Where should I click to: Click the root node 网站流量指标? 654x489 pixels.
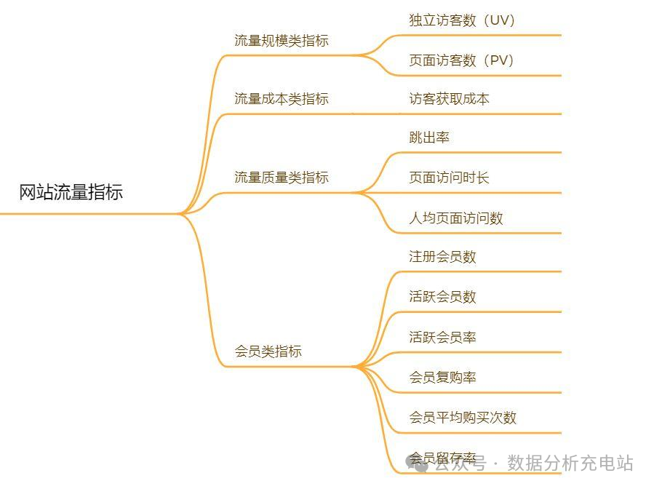71,192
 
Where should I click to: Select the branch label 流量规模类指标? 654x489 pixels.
281,41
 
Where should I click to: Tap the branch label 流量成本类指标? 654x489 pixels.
281,98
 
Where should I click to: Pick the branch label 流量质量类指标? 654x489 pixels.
281,177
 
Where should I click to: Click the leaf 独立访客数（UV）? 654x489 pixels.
462,20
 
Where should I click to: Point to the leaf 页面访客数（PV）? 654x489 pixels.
462,60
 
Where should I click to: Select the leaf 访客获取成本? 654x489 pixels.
449,98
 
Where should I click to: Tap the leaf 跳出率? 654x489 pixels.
429,138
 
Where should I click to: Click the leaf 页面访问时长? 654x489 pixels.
449,177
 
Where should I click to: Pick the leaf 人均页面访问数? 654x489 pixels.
455,218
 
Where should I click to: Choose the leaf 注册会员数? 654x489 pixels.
442,256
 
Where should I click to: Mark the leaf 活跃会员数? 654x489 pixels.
442,296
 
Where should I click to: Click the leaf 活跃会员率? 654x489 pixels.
442,337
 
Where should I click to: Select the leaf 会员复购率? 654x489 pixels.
442,377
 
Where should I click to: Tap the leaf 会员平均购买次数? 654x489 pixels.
462,417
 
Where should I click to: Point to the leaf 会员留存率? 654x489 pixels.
442,458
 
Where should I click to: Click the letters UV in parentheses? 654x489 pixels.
500,20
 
